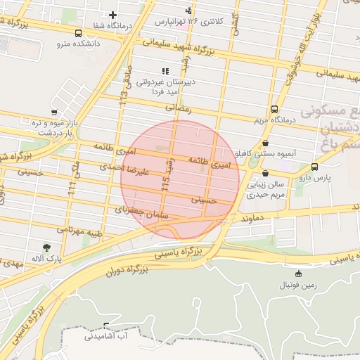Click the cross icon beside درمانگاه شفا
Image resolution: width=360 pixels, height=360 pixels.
pyautogui.click(x=112, y=15)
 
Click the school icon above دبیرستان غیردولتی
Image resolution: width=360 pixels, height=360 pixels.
pyautogui.click(x=165, y=71)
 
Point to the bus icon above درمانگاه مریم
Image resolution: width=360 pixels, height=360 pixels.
pyautogui.click(x=274, y=109)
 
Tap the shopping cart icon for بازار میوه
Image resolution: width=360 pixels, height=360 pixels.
pyautogui.click(x=54, y=112)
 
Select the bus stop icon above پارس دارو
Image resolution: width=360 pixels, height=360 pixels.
pyautogui.click(x=314, y=167)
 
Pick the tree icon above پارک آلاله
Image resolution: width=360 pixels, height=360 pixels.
pyautogui.click(x=46, y=247)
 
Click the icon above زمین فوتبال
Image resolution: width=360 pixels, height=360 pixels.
pyautogui.click(x=299, y=274)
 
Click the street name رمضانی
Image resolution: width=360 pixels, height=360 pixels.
pyautogui.click(x=178, y=108)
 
